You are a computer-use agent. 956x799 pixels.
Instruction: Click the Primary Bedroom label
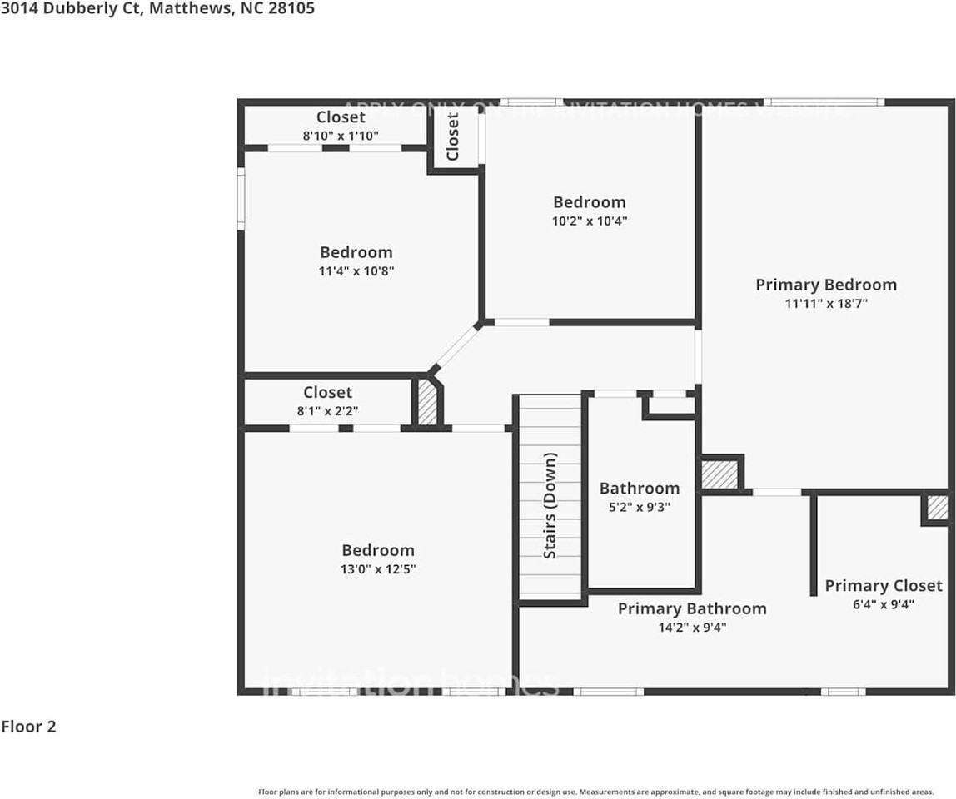coord(826,285)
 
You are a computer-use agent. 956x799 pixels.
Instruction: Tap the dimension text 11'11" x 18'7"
coord(826,304)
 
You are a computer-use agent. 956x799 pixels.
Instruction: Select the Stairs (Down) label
coord(550,505)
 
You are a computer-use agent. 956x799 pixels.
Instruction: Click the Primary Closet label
coord(884,586)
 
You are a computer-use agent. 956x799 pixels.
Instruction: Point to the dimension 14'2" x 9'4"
coord(692,628)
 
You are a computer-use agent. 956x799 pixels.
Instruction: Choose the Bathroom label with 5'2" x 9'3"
coord(640,489)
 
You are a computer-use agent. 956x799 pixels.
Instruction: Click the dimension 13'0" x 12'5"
coord(378,569)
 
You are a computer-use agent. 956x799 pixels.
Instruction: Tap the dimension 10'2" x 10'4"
coord(590,221)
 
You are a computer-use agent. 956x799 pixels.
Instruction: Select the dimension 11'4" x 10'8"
coord(356,271)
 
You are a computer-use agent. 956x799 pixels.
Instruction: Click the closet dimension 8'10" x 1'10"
coord(341,135)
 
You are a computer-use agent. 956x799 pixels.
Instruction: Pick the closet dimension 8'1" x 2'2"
coord(327,410)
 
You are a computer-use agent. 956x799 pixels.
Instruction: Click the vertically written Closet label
coord(453,136)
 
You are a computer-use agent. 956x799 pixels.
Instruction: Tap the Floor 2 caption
coord(28,727)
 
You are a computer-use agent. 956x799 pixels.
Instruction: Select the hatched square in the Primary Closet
coord(937,508)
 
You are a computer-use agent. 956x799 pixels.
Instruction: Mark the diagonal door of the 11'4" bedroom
coord(456,347)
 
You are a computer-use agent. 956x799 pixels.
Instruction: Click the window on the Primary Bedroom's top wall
coord(824,102)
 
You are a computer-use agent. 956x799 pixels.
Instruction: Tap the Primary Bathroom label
coord(692,608)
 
